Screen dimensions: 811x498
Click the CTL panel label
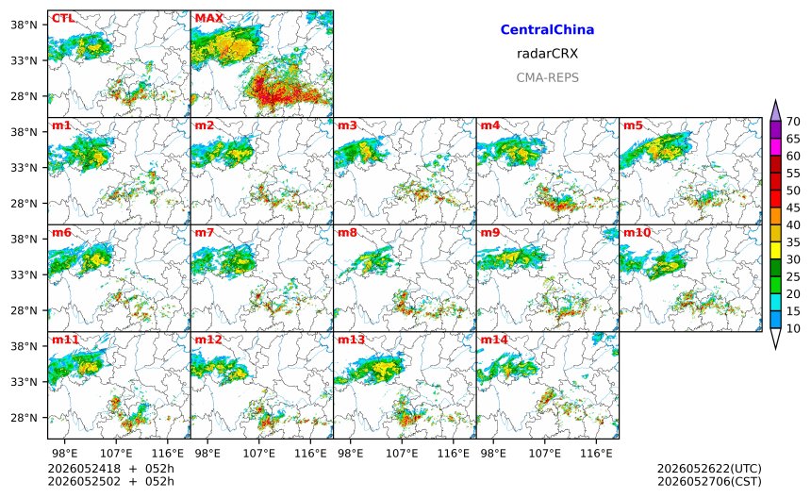pyautogui.click(x=63, y=19)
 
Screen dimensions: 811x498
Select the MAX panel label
pyautogui.click(x=209, y=19)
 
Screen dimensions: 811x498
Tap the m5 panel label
pyautogui.click(x=633, y=125)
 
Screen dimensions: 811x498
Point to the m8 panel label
pyautogui.click(x=348, y=233)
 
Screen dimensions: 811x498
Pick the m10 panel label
pyautogui.click(x=637, y=233)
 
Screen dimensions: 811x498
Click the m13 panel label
pyautogui.click(x=351, y=340)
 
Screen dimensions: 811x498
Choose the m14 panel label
pyautogui.click(x=494, y=340)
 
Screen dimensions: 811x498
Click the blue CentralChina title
pyautogui.click(x=547, y=30)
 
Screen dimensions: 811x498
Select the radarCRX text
pyautogui.click(x=547, y=54)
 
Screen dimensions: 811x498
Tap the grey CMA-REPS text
pyautogui.click(x=547, y=77)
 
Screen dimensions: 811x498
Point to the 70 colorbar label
pyautogui.click(x=793, y=122)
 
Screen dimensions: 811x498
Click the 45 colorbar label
pyautogui.click(x=793, y=207)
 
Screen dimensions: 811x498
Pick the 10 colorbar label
pyautogui.click(x=793, y=328)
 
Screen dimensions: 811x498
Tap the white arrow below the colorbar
pyautogui.click(x=775, y=339)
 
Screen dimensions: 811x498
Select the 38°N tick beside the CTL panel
pyautogui.click(x=25, y=25)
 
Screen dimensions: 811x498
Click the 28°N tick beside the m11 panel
pyautogui.click(x=25, y=418)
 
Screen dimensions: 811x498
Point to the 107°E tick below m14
pyautogui.click(x=545, y=454)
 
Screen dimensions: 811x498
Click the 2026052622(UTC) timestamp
pyautogui.click(x=709, y=469)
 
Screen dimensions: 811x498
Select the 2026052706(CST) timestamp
pyautogui.click(x=709, y=482)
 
